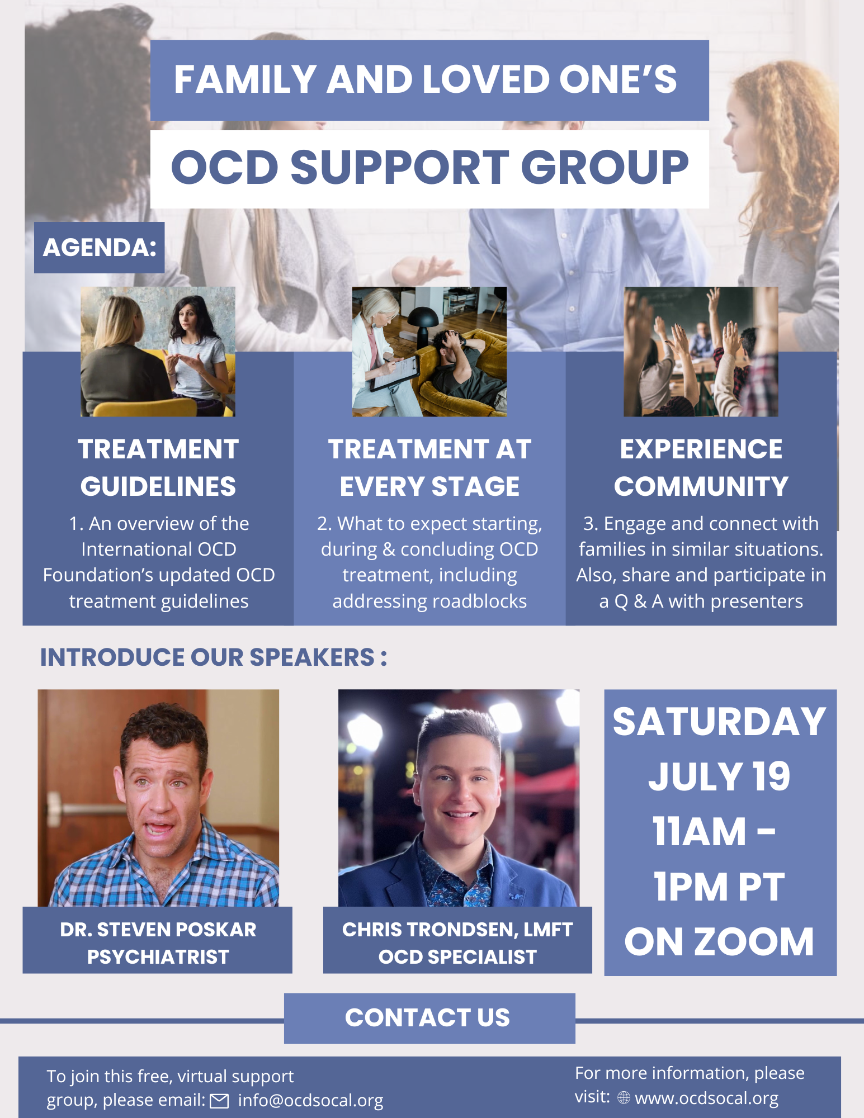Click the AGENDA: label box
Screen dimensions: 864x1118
(99, 248)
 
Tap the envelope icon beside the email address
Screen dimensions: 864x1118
(219, 1101)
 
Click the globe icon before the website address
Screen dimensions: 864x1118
(624, 1098)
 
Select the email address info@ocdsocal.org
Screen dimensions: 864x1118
(310, 1100)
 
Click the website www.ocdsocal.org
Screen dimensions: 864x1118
(707, 1098)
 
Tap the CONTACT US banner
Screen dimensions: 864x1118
(429, 1018)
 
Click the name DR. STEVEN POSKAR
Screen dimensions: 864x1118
(158, 929)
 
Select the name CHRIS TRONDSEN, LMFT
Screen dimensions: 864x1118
(457, 929)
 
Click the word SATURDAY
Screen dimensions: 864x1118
(720, 722)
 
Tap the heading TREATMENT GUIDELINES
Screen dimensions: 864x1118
(158, 467)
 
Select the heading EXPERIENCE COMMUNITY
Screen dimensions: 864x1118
(701, 467)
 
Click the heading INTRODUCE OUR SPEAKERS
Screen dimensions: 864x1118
(214, 657)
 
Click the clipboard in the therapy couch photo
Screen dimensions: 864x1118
(394, 373)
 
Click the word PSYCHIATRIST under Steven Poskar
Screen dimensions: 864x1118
(158, 956)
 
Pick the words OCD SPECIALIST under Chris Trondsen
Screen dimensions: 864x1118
(457, 956)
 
